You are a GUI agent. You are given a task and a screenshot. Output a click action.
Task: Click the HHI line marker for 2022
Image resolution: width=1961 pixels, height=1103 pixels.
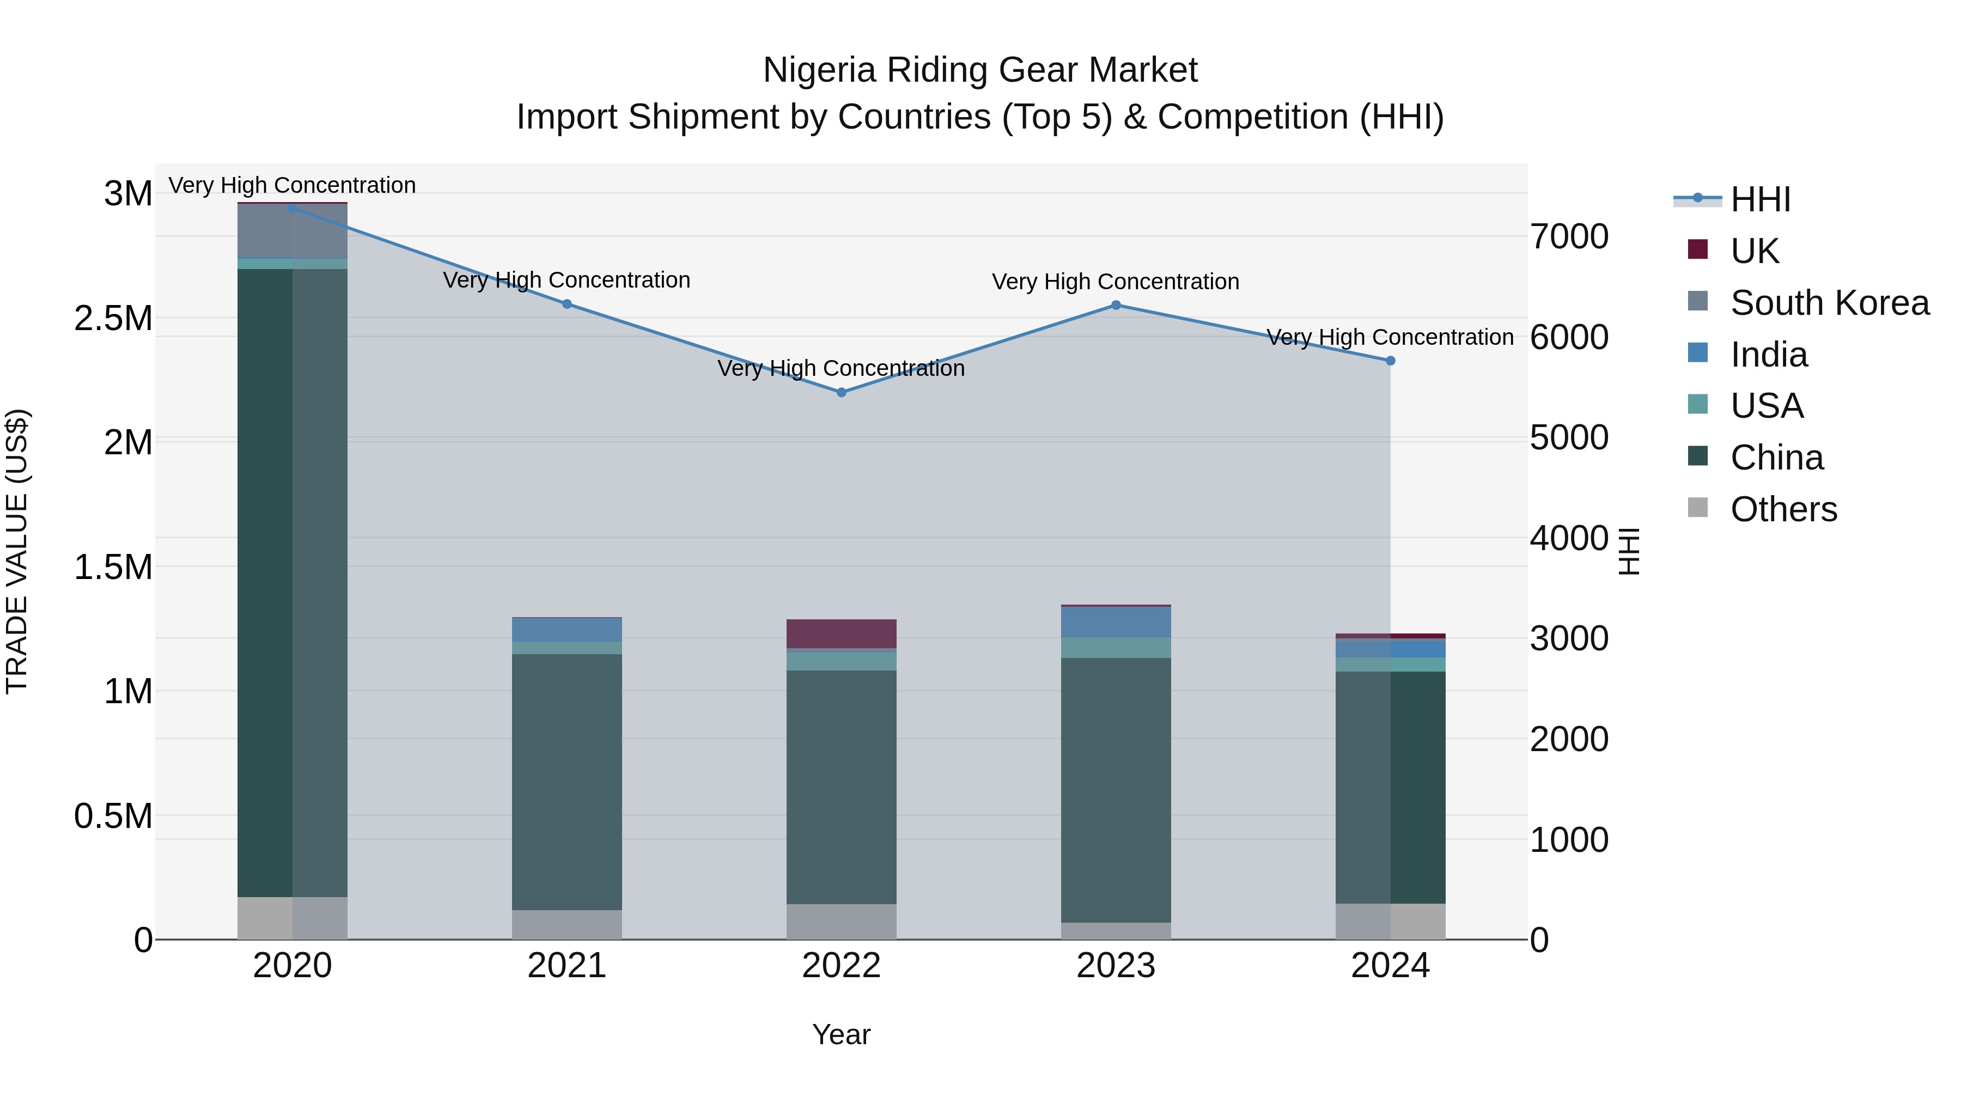tap(841, 393)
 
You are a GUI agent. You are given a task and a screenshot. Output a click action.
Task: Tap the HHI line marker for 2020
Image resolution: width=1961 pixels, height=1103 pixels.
tap(293, 208)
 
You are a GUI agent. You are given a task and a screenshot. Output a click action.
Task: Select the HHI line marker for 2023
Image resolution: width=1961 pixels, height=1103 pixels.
tap(1116, 305)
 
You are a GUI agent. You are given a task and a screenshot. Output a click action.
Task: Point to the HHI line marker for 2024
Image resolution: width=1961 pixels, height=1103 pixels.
tap(1390, 361)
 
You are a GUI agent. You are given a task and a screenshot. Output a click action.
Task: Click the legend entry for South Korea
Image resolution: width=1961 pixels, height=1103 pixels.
tap(1829, 303)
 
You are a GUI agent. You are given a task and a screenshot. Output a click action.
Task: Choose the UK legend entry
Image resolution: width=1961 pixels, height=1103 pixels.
tap(1755, 251)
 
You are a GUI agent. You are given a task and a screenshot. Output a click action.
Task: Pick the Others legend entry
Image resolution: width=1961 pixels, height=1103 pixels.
tap(1783, 509)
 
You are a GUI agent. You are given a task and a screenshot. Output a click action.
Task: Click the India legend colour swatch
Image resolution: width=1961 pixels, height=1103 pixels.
tap(1697, 353)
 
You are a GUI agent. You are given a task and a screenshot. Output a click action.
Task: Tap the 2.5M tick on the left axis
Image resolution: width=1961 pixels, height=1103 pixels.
tap(113, 318)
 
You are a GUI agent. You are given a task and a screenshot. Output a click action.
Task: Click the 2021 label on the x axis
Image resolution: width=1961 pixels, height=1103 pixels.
tap(567, 966)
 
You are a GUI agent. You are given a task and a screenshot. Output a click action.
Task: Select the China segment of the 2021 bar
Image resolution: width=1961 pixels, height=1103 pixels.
tap(567, 780)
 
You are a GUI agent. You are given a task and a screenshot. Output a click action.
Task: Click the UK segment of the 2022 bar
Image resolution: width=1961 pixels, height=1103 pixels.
tap(841, 633)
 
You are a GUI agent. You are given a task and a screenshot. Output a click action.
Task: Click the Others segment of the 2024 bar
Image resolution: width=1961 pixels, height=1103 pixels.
tap(1390, 921)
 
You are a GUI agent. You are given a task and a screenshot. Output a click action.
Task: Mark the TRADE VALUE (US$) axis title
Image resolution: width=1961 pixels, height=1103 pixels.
tap(17, 551)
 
